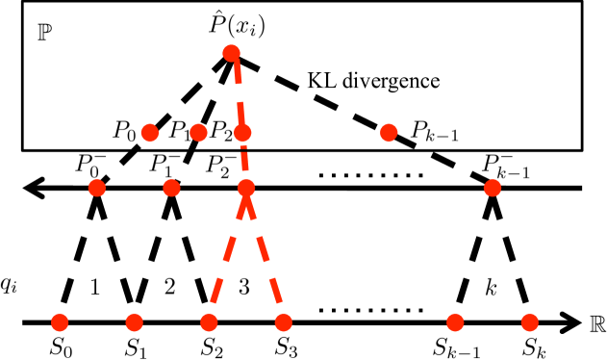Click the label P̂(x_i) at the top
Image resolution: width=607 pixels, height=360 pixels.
point(236,24)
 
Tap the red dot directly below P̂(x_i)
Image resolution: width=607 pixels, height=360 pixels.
point(231,53)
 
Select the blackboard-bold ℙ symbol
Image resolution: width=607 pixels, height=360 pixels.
point(44,33)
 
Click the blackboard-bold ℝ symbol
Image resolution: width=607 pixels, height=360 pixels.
point(597,323)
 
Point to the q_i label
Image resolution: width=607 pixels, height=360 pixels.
point(9,285)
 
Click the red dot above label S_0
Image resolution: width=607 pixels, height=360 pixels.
point(60,322)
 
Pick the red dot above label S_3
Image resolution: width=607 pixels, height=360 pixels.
point(283,322)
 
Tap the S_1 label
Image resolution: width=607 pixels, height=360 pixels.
point(135,347)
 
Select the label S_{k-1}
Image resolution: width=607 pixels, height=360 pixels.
point(456,347)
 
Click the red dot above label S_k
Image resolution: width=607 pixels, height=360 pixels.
point(529,322)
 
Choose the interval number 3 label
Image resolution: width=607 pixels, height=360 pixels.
point(244,287)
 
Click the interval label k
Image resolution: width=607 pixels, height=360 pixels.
point(491,287)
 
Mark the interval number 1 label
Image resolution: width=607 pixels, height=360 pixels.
point(95,287)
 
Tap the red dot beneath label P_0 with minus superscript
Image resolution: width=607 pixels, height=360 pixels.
point(97,188)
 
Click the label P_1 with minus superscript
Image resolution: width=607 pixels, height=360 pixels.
point(164,166)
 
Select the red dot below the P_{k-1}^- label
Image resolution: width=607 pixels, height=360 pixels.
point(493,188)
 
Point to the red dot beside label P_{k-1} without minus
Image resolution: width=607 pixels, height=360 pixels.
point(389,133)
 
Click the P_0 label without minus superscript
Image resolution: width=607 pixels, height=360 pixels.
point(124,131)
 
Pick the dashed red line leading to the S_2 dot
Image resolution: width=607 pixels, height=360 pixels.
point(227,255)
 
